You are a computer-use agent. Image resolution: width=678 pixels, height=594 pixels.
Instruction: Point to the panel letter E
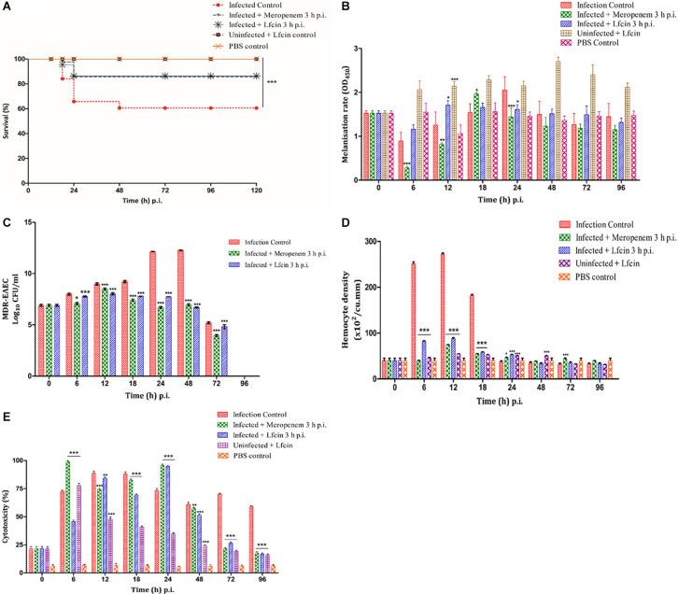pyautogui.click(x=7, y=417)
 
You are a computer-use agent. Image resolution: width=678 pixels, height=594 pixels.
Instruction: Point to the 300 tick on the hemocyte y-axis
pyautogui.click(x=381, y=242)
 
